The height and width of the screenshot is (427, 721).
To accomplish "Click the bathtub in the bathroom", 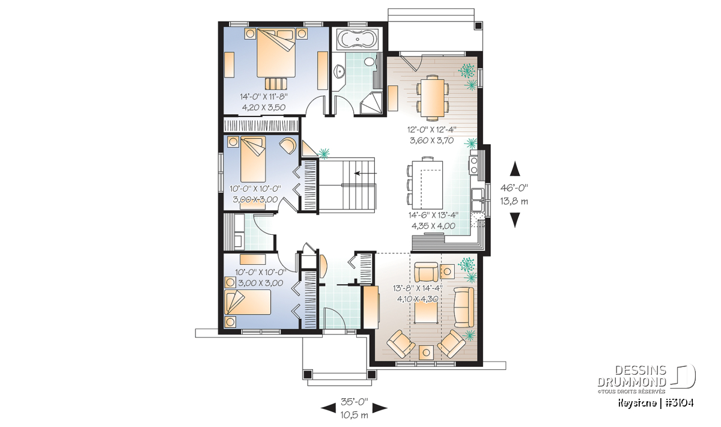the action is click(x=357, y=39).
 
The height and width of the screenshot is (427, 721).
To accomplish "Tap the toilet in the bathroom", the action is click(x=371, y=61).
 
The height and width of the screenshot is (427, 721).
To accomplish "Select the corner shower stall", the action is click(x=371, y=103).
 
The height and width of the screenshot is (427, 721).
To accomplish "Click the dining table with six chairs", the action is click(x=433, y=98).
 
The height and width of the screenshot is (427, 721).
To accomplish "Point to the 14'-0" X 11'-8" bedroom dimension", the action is click(x=264, y=97).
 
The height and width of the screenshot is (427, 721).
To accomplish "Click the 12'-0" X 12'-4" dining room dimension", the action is click(x=432, y=130).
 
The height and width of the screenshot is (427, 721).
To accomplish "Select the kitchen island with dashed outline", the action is click(x=428, y=184).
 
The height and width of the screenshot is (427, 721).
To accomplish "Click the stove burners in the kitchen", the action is click(x=474, y=165).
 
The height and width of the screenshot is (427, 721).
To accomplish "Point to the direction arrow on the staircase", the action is click(x=365, y=173).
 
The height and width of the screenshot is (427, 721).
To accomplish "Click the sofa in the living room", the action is click(x=464, y=307).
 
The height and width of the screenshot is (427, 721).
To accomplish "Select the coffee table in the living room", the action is click(x=425, y=313).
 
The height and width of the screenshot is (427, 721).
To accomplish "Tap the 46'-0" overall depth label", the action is click(x=514, y=187).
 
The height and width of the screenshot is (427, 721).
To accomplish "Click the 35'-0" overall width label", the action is click(x=354, y=402).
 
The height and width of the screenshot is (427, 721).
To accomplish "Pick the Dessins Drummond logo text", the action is click(x=632, y=377).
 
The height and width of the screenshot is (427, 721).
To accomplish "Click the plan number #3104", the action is click(x=679, y=403).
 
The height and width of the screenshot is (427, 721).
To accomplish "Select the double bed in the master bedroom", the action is click(x=276, y=52).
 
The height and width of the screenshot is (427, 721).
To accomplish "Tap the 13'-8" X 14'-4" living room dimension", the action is click(x=418, y=288).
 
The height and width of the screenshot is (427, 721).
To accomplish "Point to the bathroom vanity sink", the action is click(x=338, y=71).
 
